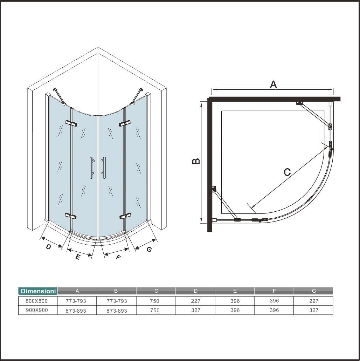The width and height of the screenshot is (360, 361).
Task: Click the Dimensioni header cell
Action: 38,291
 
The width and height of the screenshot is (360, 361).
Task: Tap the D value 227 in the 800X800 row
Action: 195,301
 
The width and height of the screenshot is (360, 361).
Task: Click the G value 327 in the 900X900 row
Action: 314,310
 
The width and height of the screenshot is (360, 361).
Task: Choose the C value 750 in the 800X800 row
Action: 154,301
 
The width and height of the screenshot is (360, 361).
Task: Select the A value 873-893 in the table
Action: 76,311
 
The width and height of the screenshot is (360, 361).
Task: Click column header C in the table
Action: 156,291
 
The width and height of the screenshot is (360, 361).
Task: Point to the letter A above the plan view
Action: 273,84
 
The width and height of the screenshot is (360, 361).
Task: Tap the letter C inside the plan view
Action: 287,172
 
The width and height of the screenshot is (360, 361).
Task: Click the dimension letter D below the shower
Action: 48,247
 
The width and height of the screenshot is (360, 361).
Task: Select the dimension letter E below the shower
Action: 78,257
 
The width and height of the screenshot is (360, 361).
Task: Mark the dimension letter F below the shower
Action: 118,257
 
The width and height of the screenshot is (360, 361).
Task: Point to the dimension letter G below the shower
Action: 149,250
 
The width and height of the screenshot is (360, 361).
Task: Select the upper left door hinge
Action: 71,123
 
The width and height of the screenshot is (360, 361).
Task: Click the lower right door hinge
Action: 125,216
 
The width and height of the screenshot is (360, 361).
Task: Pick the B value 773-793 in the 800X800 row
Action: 117,301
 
